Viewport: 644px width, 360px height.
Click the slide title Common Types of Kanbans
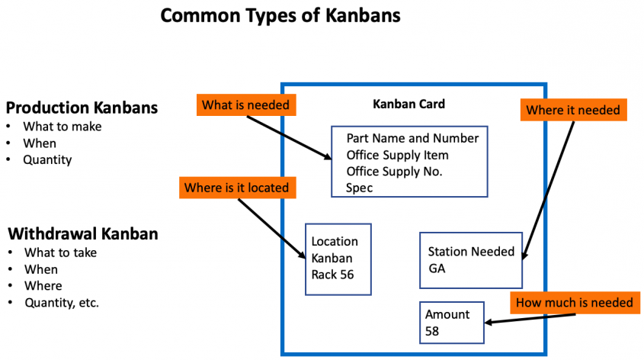click(x=280, y=16)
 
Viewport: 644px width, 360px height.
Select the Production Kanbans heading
click(x=82, y=108)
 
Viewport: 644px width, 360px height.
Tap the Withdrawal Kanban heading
click(x=82, y=233)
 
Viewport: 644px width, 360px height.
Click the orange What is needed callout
click(x=245, y=104)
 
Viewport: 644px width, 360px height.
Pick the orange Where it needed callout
click(x=573, y=111)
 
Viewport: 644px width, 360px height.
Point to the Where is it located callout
click(x=236, y=187)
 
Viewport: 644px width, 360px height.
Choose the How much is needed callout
click(x=574, y=303)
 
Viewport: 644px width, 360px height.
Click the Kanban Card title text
click(x=409, y=104)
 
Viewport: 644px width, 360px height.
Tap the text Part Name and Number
click(x=412, y=138)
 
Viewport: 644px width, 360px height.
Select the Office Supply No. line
click(x=394, y=171)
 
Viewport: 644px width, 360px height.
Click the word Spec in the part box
click(x=359, y=187)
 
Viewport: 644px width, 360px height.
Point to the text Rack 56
click(x=332, y=275)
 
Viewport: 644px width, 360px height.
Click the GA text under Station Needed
click(x=437, y=268)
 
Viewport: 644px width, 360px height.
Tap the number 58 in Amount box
click(x=432, y=331)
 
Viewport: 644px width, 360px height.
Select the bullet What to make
click(x=62, y=127)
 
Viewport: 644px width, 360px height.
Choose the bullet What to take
click(x=60, y=252)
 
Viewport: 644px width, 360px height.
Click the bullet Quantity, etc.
click(x=62, y=303)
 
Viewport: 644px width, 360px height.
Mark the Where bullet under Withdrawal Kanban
click(x=43, y=286)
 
